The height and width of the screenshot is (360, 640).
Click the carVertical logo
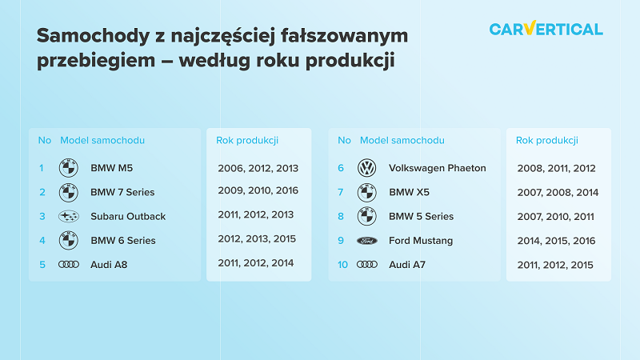tap(546, 29)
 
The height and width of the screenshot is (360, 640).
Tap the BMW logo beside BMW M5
tap(69, 168)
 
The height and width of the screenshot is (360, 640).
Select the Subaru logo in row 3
tap(69, 216)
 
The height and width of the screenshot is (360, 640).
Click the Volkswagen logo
tap(367, 168)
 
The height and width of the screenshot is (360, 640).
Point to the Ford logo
tap(367, 241)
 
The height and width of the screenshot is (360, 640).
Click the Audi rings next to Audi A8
tap(69, 265)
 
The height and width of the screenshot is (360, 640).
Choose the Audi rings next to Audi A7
tap(367, 265)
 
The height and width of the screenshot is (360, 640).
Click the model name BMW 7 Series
tap(122, 192)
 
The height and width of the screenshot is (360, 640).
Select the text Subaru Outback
tap(128, 216)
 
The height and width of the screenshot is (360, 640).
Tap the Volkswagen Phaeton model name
tap(437, 168)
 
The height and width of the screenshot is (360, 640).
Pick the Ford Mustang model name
tap(421, 241)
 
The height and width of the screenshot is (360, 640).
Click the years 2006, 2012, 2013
tap(258, 169)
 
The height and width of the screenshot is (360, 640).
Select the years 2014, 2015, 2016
tap(556, 242)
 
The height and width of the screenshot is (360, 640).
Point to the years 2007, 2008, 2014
tap(558, 193)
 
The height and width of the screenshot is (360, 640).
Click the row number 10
tap(343, 265)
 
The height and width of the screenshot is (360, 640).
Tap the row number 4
tap(42, 241)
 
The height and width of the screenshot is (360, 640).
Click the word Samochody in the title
tap(94, 35)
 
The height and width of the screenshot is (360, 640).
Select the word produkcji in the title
tap(350, 61)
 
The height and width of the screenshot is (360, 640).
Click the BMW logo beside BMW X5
tap(367, 192)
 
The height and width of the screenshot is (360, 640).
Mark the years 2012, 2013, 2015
tap(257, 239)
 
